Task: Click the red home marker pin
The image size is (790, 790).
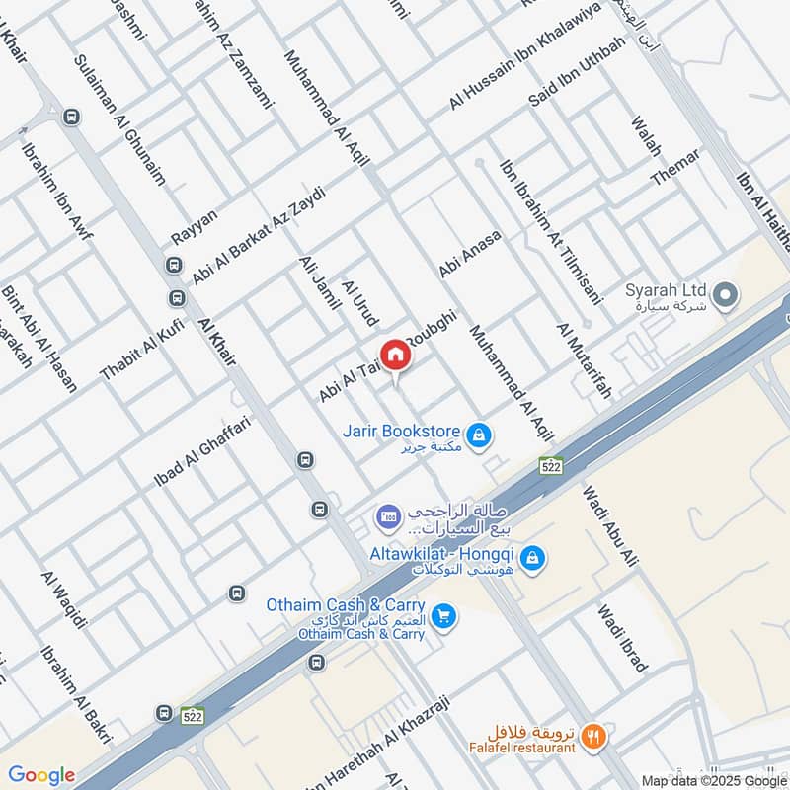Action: tap(395, 355)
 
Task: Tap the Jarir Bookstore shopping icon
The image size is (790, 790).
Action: tap(479, 434)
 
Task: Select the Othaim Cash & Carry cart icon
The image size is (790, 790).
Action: tap(444, 614)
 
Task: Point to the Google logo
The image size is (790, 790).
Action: tap(41, 775)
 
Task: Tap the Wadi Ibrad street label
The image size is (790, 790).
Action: tap(622, 637)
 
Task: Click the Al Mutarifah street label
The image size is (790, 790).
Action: tap(584, 359)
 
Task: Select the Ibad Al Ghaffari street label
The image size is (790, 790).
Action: tap(202, 451)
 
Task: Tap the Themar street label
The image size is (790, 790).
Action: tap(674, 167)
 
